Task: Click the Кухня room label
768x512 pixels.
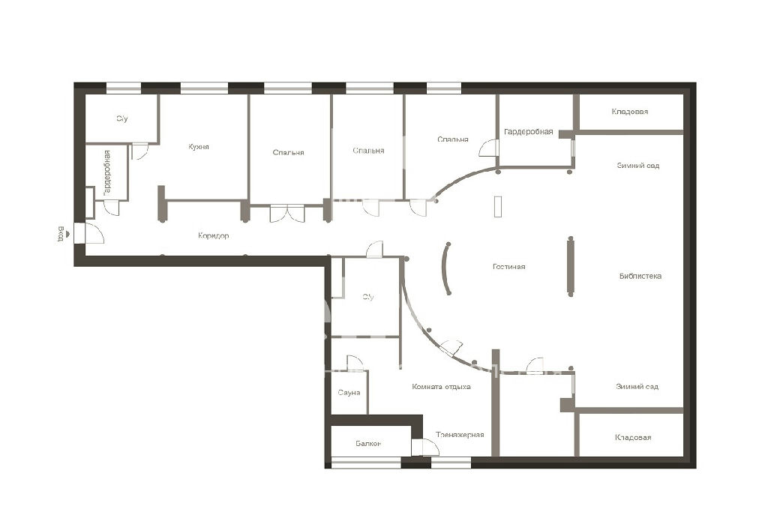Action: coord(199,146)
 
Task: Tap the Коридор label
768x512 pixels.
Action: coord(214,235)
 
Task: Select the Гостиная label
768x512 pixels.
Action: coord(509,267)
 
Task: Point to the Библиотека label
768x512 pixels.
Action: coord(640,276)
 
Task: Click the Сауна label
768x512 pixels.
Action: coord(349,393)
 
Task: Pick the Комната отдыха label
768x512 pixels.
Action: coord(441,387)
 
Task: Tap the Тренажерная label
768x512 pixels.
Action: coord(460,435)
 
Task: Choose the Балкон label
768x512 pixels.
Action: coord(368,444)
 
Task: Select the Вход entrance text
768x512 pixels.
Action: coord(61,234)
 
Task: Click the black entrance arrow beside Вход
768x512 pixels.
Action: coord(67,234)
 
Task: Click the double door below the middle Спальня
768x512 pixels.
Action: coord(287,214)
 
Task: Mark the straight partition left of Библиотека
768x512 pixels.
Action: coord(570,266)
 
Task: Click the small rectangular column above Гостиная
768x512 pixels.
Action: coord(498,207)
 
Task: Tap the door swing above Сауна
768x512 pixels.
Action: coord(355,363)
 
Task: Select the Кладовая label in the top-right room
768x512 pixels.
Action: coord(630,112)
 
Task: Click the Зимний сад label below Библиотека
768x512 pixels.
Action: coord(637,387)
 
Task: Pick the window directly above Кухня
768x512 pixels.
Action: coord(204,88)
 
